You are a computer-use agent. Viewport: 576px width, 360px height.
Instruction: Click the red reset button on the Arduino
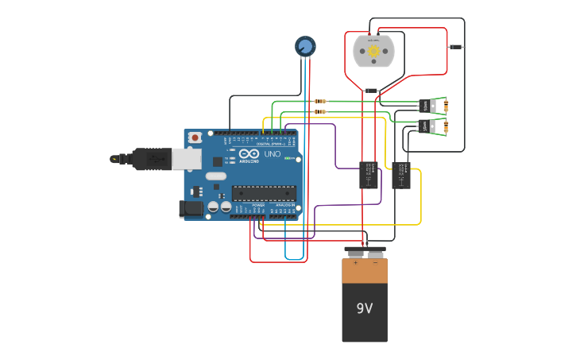click(194, 137)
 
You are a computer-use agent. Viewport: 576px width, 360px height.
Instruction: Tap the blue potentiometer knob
click(305, 46)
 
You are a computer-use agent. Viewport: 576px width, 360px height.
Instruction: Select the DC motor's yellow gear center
click(373, 50)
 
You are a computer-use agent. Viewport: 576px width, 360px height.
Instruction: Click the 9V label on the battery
click(365, 308)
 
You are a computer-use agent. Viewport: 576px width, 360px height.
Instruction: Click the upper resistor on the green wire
click(320, 102)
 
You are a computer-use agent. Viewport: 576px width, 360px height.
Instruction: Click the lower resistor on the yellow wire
click(320, 112)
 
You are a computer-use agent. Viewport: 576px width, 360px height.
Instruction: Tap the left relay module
click(369, 175)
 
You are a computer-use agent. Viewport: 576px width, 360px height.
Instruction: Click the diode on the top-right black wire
click(455, 47)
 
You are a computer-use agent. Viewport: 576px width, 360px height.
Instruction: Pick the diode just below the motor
click(371, 91)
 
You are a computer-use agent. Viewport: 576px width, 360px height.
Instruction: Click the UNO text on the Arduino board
click(273, 153)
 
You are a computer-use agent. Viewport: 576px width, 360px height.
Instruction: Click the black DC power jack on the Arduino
click(191, 209)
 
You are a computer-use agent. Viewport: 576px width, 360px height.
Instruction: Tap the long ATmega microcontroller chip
click(264, 192)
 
